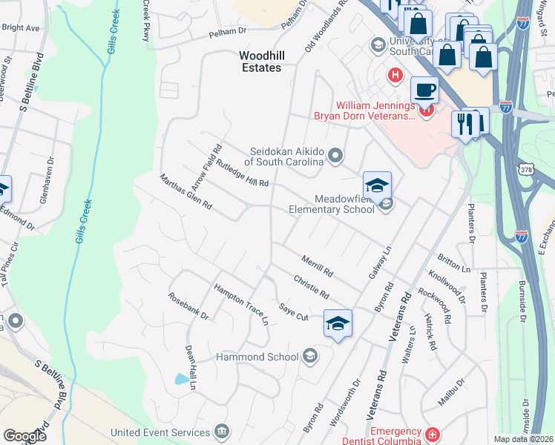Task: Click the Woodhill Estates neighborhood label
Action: coord(260,62)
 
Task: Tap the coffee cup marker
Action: coord(424,90)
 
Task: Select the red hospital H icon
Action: coord(395,75)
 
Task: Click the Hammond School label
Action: coord(256,357)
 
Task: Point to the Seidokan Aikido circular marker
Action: coord(335,155)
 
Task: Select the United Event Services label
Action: coord(160,432)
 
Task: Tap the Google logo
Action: coord(25,436)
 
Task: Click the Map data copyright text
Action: coord(522,439)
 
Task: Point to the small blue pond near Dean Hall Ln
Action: coord(181,379)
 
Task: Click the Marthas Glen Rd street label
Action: coord(185,191)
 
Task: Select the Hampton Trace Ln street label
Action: coord(240,304)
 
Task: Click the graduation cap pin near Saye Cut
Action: coord(338,323)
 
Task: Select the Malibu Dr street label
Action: coord(450,392)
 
